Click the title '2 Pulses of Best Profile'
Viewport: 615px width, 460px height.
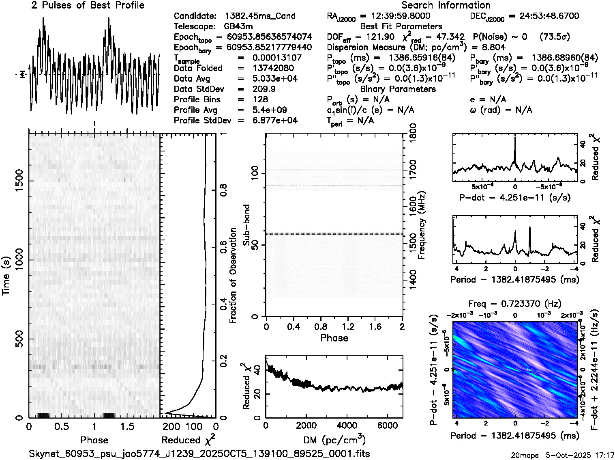88,5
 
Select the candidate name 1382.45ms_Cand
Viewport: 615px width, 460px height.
260,16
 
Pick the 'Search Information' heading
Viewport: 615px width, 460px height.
446,5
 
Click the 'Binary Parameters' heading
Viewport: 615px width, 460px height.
398,89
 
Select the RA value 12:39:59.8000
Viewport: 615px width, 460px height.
395,16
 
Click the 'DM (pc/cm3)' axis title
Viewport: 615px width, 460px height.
334,440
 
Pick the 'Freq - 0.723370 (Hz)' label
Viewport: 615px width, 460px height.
514,303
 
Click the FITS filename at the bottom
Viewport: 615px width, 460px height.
199,453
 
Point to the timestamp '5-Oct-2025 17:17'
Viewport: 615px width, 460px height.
578,455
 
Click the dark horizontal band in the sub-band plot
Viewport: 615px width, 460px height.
334,234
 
